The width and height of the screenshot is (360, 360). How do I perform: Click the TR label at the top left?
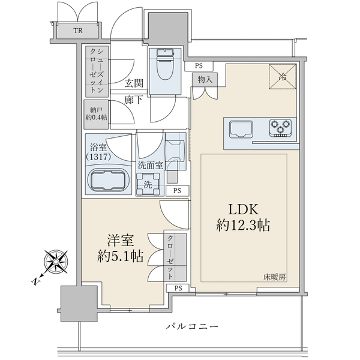[x=78, y=31]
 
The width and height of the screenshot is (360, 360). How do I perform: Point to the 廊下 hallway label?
[x=133, y=101]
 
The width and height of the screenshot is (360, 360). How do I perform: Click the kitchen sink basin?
[x=240, y=129]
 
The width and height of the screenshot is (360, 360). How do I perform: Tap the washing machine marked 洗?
[x=148, y=184]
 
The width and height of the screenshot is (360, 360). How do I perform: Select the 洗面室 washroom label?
[x=151, y=165]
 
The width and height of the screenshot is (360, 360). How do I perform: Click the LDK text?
[x=242, y=209]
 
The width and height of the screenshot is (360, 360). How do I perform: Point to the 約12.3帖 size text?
[x=242, y=226]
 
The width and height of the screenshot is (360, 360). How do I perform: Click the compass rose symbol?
[x=55, y=262]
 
